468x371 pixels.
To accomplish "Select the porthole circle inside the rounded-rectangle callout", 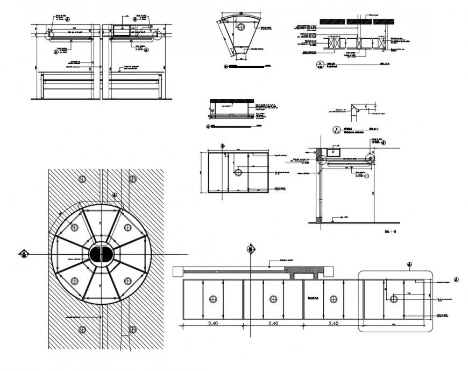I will [394, 299].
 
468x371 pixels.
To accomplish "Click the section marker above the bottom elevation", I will [250, 249].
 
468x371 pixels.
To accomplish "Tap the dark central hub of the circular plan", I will [99, 256].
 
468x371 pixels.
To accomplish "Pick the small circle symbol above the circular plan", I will [82, 179].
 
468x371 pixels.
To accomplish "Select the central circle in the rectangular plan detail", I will [237, 172].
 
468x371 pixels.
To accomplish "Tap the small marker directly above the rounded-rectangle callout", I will [409, 264].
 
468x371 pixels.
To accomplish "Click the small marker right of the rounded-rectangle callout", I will [457, 280].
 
